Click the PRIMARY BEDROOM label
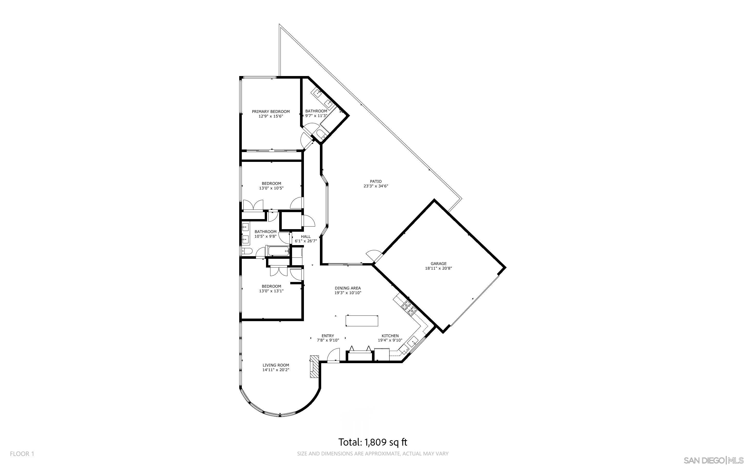click(x=271, y=112)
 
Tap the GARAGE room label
click(x=438, y=263)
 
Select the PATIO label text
click(x=376, y=181)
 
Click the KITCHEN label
click(x=390, y=336)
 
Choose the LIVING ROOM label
click(x=276, y=365)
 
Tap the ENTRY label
click(x=328, y=336)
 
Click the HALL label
click(x=306, y=237)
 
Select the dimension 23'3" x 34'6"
click(x=376, y=186)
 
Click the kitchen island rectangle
click(x=362, y=321)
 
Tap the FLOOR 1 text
click(x=22, y=454)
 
